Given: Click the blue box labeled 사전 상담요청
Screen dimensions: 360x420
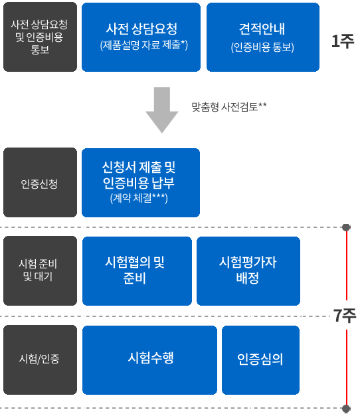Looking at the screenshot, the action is (x=141, y=37).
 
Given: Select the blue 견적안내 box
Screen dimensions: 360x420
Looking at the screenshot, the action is (x=263, y=37).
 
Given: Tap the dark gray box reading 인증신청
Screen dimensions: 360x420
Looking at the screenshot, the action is (x=40, y=182).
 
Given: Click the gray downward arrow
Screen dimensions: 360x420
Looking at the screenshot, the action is (x=162, y=110).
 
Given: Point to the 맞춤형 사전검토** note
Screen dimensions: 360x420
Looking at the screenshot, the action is (x=229, y=106).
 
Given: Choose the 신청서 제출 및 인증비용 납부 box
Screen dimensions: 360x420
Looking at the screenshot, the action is (x=141, y=183).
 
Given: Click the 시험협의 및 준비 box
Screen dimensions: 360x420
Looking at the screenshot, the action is (x=137, y=270).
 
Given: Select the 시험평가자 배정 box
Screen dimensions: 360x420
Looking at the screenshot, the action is (x=248, y=270).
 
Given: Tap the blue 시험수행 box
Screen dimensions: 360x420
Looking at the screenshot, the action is (x=149, y=360).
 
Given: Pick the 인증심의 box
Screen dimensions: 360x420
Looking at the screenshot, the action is (x=260, y=360).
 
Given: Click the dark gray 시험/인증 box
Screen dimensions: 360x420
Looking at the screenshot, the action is (x=40, y=360).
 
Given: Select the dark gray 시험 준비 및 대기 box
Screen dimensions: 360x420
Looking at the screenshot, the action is (x=40, y=270).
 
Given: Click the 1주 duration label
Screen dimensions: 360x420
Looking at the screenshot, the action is (x=343, y=41).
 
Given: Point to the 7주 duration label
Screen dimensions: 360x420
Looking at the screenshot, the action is (x=345, y=316).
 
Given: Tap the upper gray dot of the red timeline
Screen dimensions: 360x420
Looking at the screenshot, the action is (x=346, y=227).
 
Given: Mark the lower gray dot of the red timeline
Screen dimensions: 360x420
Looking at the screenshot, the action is (x=346, y=409).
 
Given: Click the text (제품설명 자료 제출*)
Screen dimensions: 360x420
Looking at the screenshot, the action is (x=144, y=45).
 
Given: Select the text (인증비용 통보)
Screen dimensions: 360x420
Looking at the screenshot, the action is (x=262, y=47).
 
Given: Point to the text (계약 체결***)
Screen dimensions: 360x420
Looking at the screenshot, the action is (x=139, y=198).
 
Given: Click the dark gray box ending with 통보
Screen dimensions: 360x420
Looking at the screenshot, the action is (x=40, y=37).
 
